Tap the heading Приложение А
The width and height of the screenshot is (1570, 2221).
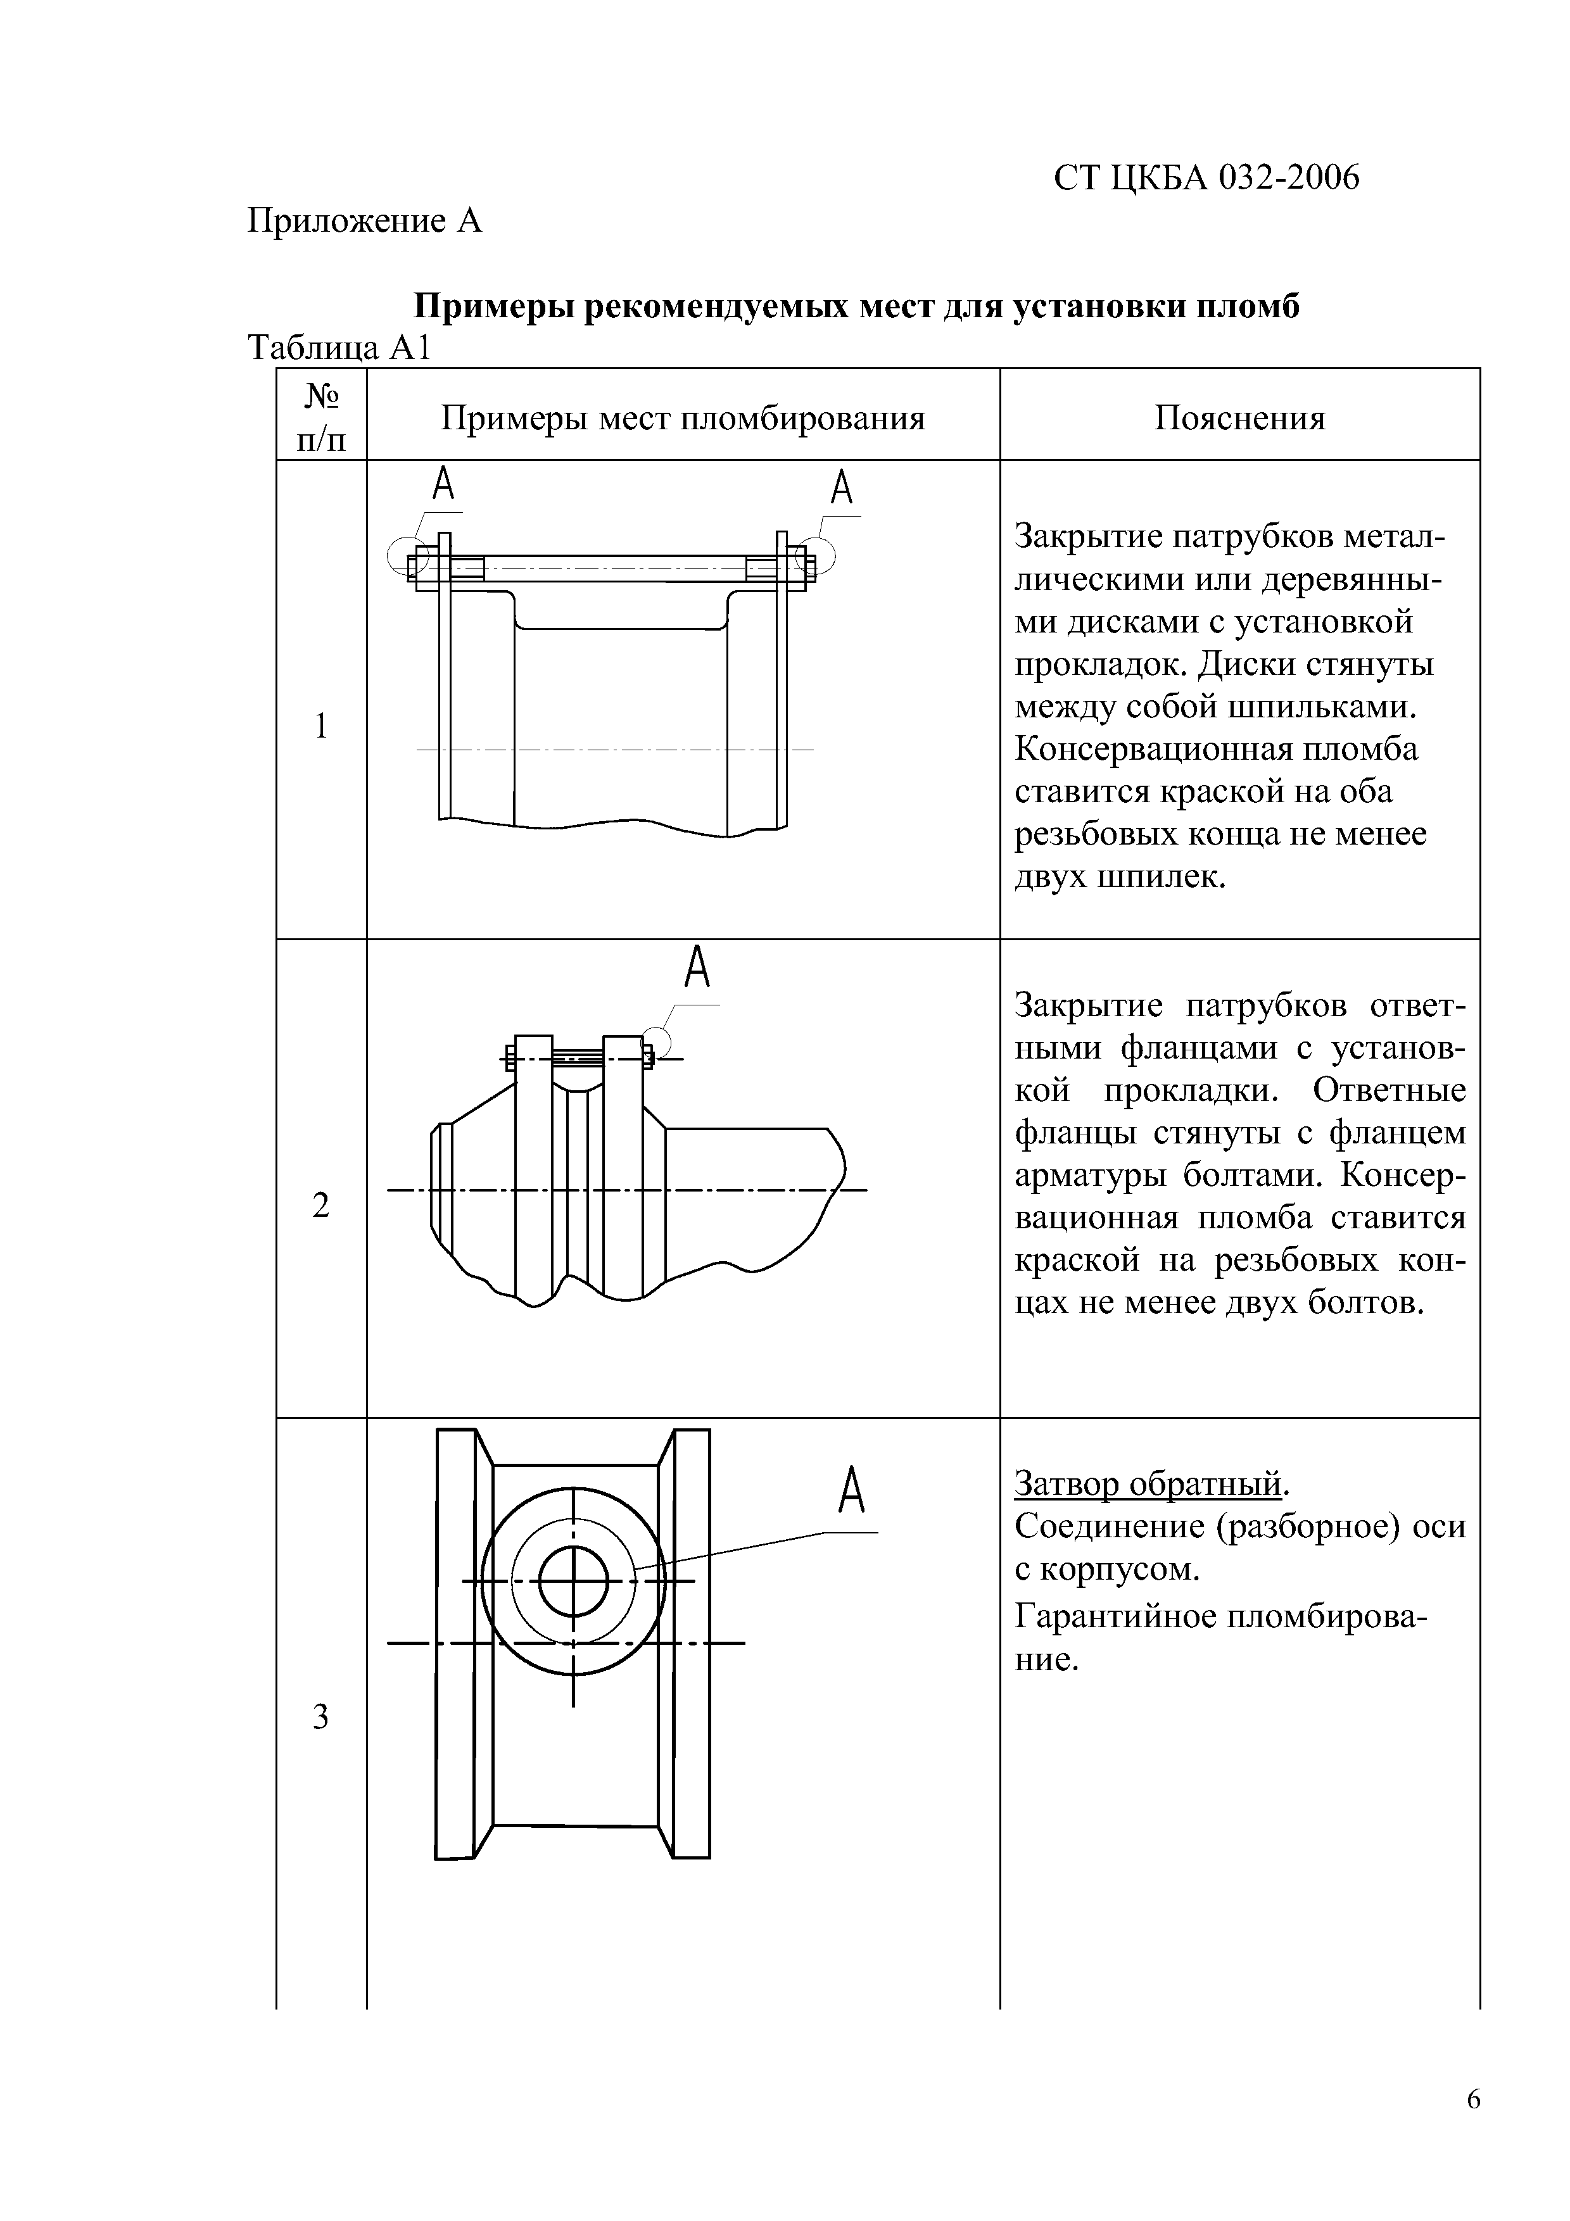click(x=364, y=222)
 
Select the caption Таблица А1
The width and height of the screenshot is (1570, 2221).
click(x=339, y=348)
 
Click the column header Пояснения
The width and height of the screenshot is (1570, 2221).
click(x=1239, y=418)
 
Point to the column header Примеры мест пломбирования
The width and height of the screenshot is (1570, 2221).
click(x=683, y=418)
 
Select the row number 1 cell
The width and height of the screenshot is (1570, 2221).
click(x=321, y=726)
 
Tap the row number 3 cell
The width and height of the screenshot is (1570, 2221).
click(x=321, y=1717)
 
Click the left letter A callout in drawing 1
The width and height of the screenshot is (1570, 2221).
click(x=443, y=484)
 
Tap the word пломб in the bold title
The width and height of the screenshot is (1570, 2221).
click(x=1249, y=306)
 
